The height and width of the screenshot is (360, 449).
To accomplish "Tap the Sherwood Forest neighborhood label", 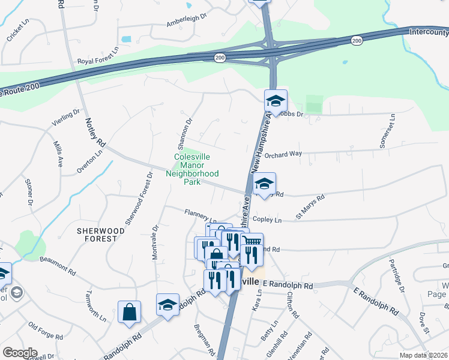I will coord(101,234).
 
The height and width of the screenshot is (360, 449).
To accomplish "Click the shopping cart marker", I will coord(253,242).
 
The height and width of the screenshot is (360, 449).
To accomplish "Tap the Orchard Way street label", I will coord(283,154).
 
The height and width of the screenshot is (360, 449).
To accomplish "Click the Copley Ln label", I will coord(267,220).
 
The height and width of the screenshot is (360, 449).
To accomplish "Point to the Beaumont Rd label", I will coord(58,266).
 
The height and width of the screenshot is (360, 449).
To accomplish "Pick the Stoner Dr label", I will coord(28,191).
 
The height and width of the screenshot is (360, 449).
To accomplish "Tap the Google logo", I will coord(20,353).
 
